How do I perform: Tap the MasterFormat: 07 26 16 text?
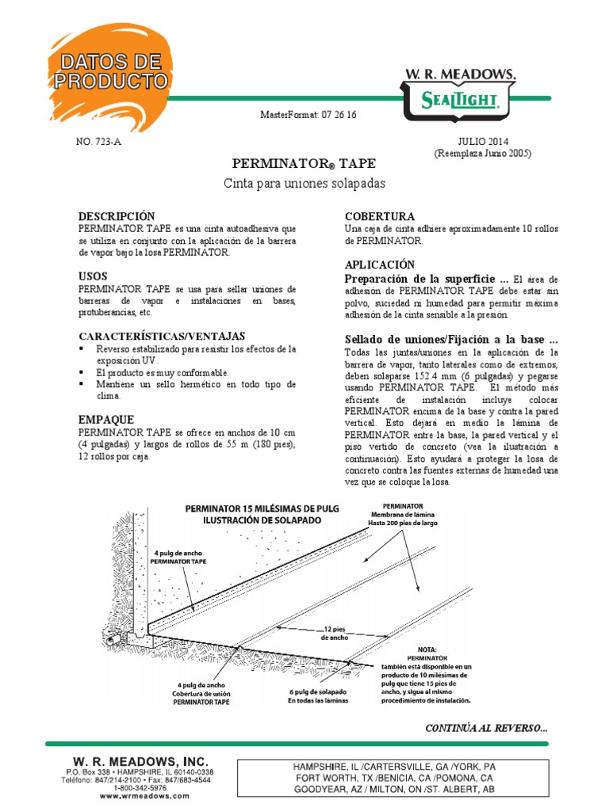pyautogui.click(x=308, y=115)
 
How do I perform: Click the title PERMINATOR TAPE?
pyautogui.click(x=304, y=164)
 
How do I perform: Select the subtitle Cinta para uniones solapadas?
pyautogui.click(x=305, y=184)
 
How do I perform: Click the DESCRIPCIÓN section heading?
pyautogui.click(x=117, y=216)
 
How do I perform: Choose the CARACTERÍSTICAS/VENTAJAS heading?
pyautogui.click(x=162, y=336)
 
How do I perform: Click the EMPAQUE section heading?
pyautogui.click(x=106, y=419)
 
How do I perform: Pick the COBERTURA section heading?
pyautogui.click(x=380, y=216)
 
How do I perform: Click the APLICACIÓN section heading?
pyautogui.click(x=380, y=264)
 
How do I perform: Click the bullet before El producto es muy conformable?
pyautogui.click(x=82, y=372)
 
